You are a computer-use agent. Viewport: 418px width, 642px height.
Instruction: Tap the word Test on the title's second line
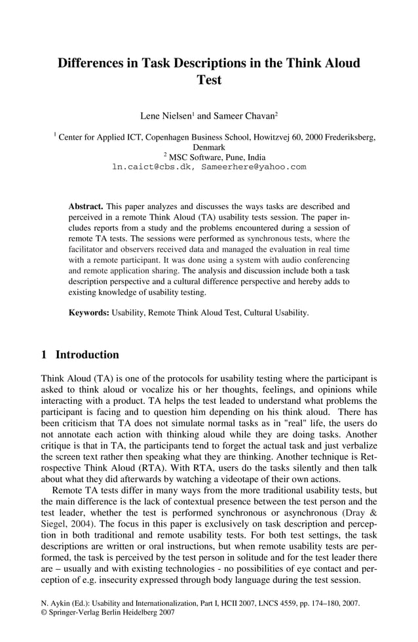tap(209, 81)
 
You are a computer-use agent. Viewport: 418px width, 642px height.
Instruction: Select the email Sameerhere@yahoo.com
tap(254, 167)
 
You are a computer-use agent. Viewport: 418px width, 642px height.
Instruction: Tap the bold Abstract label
tap(86, 206)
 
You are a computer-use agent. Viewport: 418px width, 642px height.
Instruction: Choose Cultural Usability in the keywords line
tap(275, 313)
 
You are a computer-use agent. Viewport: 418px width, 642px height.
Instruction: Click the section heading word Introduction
tap(87, 355)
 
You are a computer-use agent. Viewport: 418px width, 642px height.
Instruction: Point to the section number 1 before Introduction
tap(44, 355)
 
